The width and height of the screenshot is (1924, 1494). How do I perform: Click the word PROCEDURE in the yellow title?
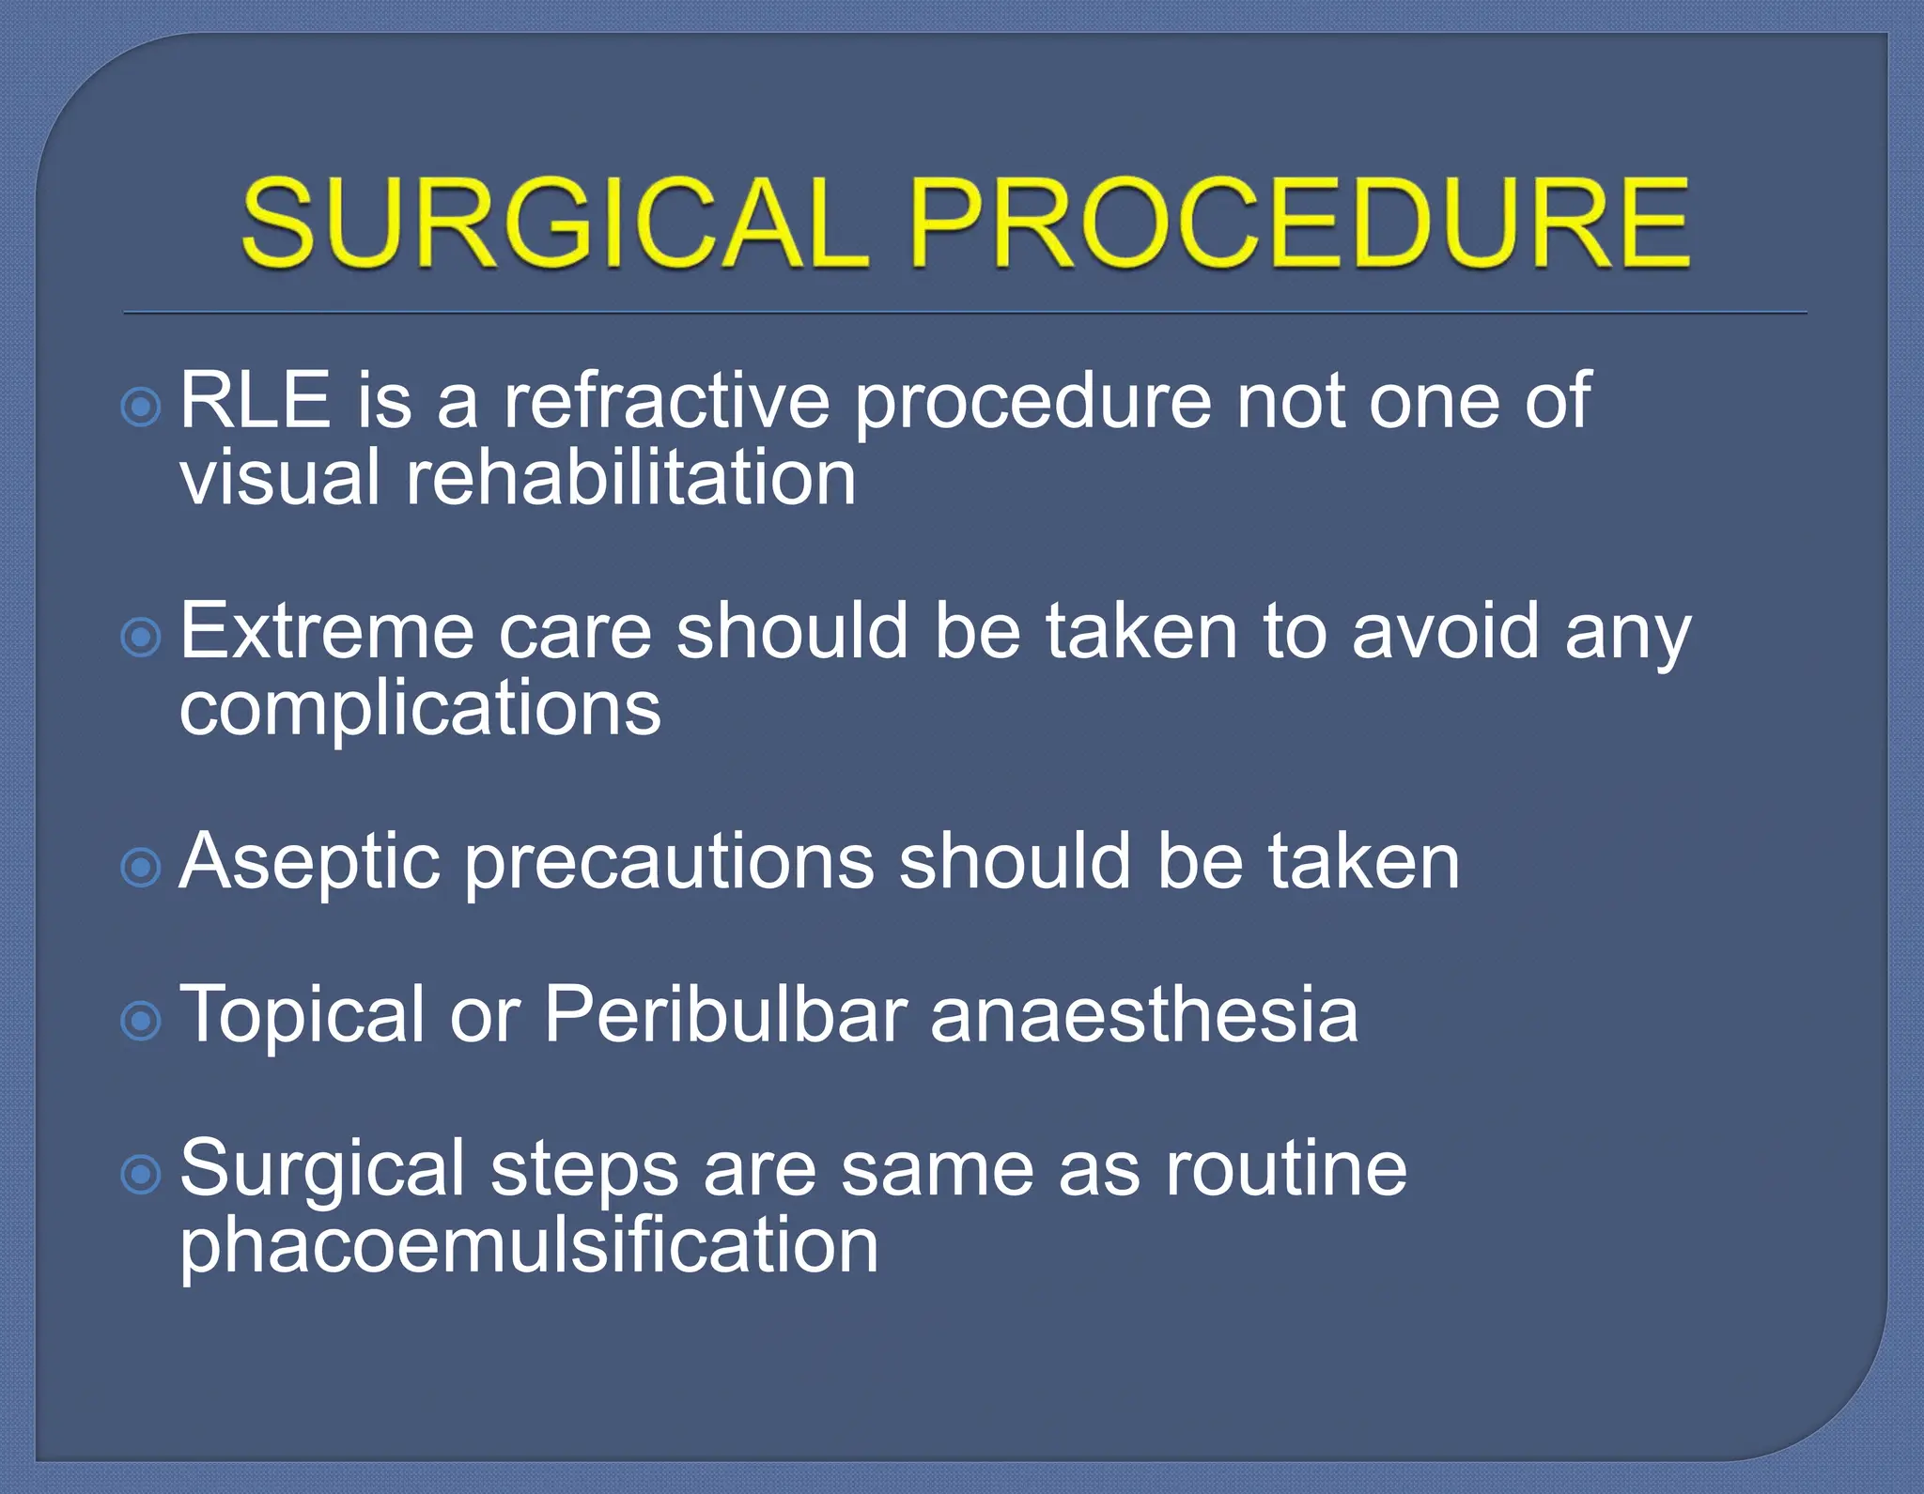pyautogui.click(x=1299, y=223)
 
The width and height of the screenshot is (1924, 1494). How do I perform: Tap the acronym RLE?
pyautogui.click(x=255, y=401)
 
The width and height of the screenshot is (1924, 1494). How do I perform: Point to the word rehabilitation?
pyautogui.click(x=630, y=477)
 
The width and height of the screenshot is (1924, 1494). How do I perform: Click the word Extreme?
pyautogui.click(x=326, y=631)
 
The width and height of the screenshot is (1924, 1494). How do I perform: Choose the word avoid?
pyautogui.click(x=1446, y=631)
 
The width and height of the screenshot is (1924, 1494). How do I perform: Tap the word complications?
pyautogui.click(x=420, y=708)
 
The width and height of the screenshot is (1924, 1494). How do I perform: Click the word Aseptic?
pyautogui.click(x=309, y=862)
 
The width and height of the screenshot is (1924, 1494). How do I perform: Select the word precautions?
pyautogui.click(x=669, y=862)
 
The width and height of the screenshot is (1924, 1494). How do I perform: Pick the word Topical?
pyautogui.click(x=302, y=1015)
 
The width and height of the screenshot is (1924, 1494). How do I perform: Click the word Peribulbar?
pyautogui.click(x=725, y=1015)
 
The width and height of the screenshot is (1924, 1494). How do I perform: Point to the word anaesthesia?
pyautogui.click(x=1144, y=1015)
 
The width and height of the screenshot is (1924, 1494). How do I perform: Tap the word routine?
pyautogui.click(x=1286, y=1169)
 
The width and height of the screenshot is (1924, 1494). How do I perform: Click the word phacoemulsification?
pyautogui.click(x=529, y=1246)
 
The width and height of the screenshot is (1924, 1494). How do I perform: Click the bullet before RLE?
pyautogui.click(x=142, y=408)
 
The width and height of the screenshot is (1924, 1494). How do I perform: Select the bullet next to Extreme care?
pyautogui.click(x=142, y=638)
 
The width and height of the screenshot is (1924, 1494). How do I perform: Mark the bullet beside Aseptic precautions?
pyautogui.click(x=142, y=868)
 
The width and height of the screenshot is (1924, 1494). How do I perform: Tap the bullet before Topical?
pyautogui.click(x=142, y=1021)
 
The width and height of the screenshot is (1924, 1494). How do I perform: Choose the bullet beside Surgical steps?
pyautogui.click(x=142, y=1175)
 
